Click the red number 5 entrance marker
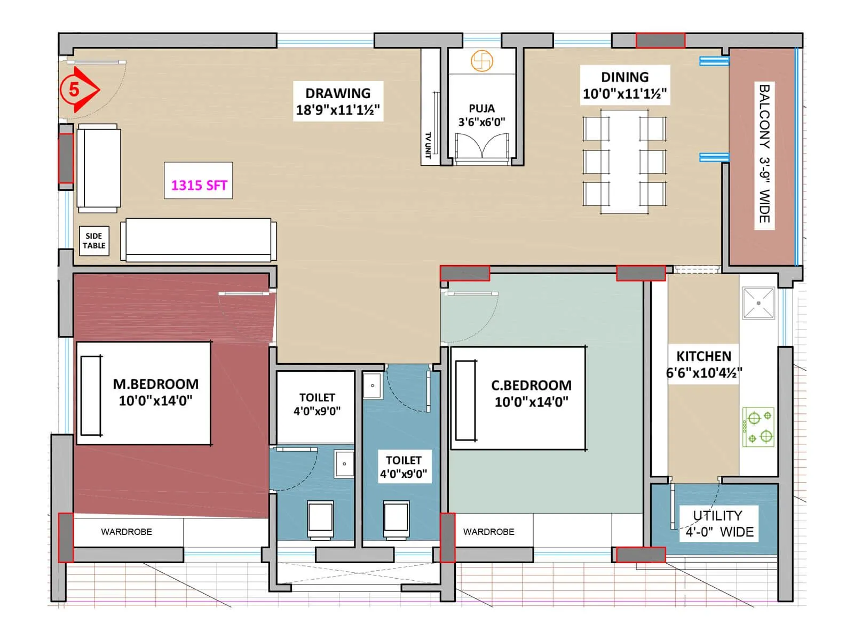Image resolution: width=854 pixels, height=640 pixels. point(75,90)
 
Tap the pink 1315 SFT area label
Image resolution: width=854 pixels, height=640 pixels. point(199,185)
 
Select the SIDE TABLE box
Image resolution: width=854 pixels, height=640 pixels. point(94,241)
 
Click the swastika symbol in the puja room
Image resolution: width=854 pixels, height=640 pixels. point(481,61)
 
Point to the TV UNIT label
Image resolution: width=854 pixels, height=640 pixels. point(428,145)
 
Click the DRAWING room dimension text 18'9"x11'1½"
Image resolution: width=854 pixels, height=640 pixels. point(338,110)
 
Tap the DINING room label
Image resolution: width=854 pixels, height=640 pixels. point(624,77)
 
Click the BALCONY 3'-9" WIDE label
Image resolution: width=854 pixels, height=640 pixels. point(764,154)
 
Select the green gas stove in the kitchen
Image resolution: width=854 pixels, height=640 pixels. point(758,427)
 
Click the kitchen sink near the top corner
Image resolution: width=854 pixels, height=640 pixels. point(758,303)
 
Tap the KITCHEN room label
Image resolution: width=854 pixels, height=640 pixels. point(703,356)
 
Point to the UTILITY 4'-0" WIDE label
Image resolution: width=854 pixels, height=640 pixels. point(719,524)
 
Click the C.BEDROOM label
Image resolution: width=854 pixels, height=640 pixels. point(531,386)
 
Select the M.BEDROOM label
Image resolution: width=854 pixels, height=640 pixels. point(155,385)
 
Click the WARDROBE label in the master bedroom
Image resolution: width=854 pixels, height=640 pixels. point(126,532)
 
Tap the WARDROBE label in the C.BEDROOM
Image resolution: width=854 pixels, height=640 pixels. point(488,532)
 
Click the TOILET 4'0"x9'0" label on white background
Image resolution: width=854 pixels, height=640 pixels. point(317,404)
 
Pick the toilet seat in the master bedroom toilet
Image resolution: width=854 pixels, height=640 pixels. point(320,519)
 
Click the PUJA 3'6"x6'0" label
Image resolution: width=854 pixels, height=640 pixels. point(481,115)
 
